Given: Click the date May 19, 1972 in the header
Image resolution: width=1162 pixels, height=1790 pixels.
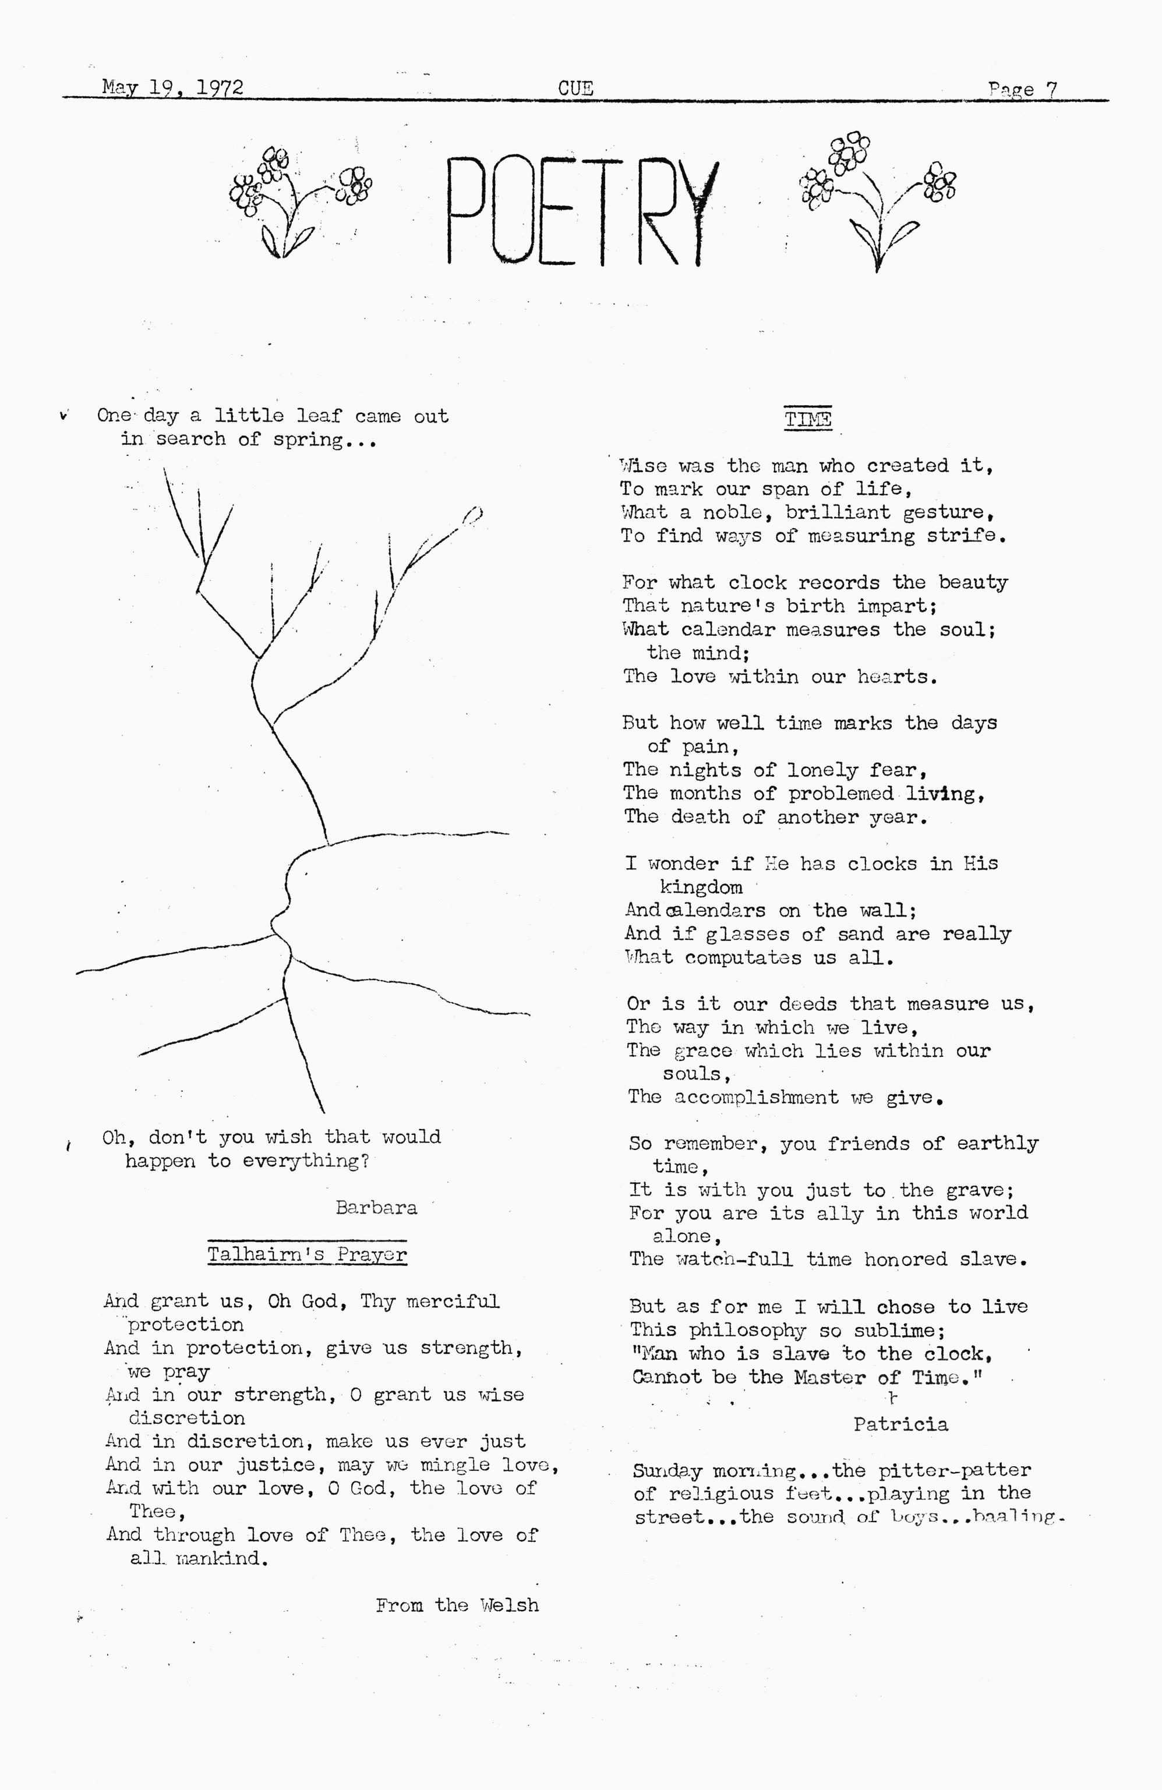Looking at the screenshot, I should pyautogui.click(x=172, y=88).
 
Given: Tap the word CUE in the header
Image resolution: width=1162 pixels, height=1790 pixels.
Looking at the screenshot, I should pyautogui.click(x=575, y=89).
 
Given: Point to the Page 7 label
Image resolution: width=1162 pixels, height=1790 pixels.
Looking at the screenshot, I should pyautogui.click(x=1022, y=90).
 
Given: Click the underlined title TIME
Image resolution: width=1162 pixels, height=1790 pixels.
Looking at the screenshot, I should pyautogui.click(x=808, y=419).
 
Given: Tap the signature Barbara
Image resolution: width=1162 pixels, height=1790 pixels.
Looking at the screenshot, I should pyautogui.click(x=376, y=1208).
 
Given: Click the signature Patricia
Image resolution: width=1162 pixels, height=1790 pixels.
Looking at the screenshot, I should pyautogui.click(x=900, y=1424).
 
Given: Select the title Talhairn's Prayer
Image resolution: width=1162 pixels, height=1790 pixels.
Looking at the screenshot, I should pyautogui.click(x=307, y=1254).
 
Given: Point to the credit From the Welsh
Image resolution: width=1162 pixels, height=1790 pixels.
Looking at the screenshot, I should pyautogui.click(x=457, y=1605).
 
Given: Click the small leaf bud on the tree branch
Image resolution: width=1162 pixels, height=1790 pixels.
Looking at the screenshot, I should pyautogui.click(x=472, y=515).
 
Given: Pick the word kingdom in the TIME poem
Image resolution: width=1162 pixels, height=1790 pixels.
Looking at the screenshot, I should pyautogui.click(x=701, y=887).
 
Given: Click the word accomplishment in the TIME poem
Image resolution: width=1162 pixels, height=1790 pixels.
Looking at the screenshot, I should pyautogui.click(x=756, y=1097).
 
